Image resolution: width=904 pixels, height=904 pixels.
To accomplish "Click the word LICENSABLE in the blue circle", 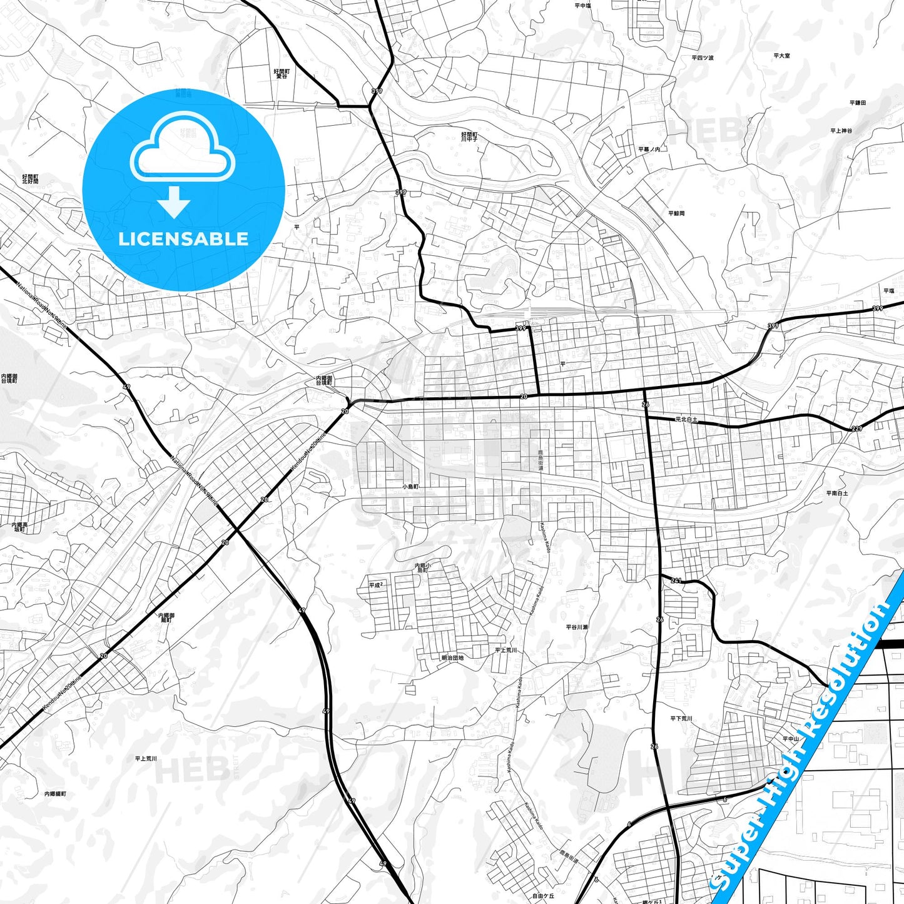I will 183,239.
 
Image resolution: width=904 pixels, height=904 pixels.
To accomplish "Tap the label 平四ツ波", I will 703,58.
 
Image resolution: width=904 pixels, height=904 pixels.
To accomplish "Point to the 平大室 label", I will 781,56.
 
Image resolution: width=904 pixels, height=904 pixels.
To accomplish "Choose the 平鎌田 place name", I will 857,103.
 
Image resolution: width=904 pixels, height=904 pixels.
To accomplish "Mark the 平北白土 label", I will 686,420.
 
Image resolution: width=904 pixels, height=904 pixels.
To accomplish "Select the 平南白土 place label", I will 836,493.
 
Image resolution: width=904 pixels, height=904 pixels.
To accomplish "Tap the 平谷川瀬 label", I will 576,626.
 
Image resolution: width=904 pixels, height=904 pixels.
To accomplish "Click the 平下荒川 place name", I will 681,719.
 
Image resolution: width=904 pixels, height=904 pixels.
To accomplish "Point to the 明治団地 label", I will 452,658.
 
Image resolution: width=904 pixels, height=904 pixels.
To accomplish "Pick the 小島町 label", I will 410,486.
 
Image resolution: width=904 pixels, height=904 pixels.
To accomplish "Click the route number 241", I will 676,581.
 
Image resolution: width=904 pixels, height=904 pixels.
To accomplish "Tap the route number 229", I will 856,429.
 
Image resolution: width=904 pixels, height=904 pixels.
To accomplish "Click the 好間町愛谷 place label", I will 282,73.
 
